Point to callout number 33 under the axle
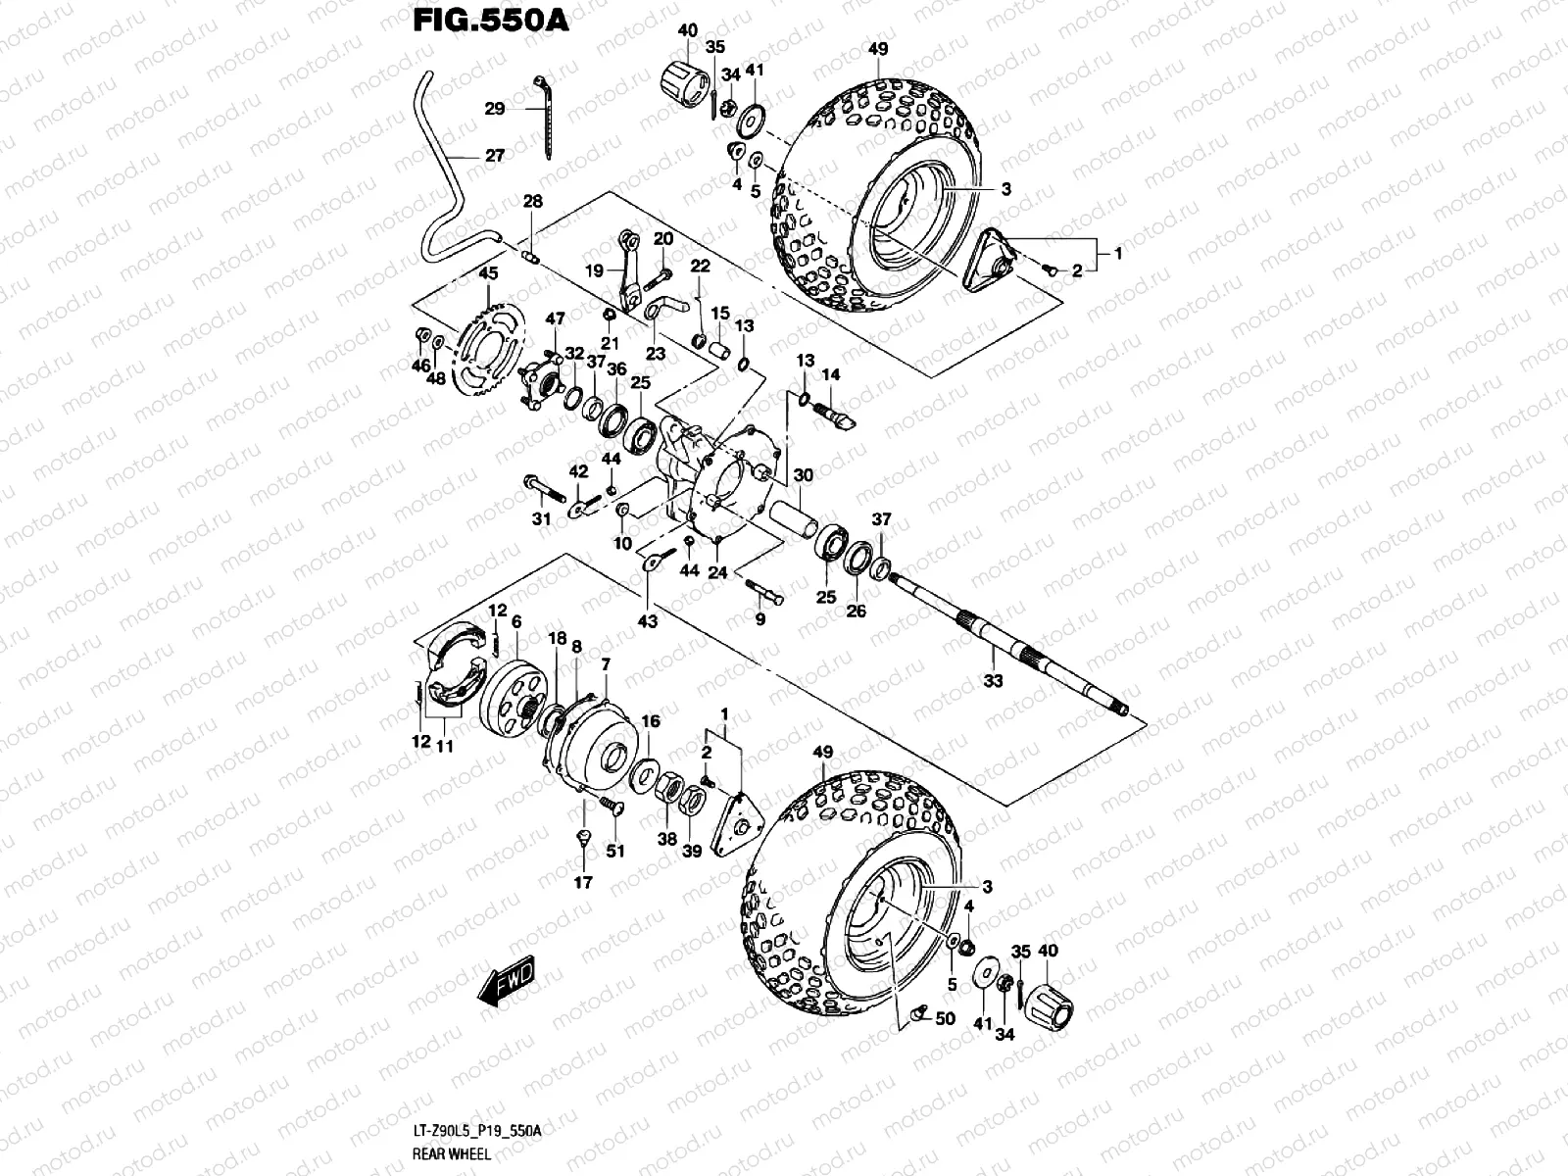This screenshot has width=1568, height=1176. (993, 681)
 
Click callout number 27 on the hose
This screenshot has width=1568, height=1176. (494, 155)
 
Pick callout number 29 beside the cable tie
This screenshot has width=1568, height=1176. (494, 109)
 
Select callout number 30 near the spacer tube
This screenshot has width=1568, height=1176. (803, 475)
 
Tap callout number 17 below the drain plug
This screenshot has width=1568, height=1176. (583, 883)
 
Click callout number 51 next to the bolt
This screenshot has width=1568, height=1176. (614, 852)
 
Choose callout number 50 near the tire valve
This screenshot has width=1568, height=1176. (945, 1019)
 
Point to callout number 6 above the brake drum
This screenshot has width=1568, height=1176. (515, 621)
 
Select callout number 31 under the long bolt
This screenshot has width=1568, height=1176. (541, 519)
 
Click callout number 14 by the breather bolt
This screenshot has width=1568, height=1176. (830, 374)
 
